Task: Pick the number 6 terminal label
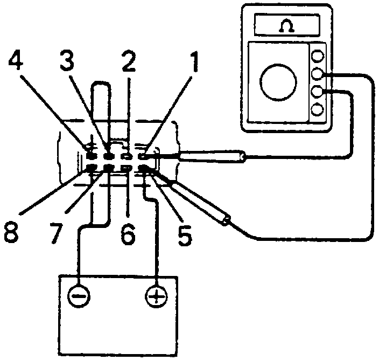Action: click(127, 235)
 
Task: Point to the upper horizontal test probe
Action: click(212, 157)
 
